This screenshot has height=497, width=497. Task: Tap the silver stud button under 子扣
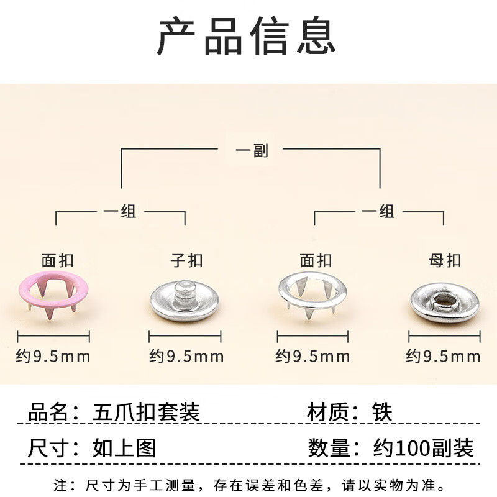click(x=185, y=301)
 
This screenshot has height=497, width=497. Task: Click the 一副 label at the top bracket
click(x=252, y=150)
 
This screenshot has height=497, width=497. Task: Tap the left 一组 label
click(x=120, y=212)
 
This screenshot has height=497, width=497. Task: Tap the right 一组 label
click(x=378, y=212)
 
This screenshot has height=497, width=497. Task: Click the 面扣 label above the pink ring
click(x=57, y=260)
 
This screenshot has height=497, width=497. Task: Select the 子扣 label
click(x=186, y=260)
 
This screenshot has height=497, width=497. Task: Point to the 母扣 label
click(x=445, y=260)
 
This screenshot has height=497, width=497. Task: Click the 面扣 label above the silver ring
click(x=316, y=260)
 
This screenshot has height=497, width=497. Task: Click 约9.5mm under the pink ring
click(x=53, y=357)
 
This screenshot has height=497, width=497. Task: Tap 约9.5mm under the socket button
click(x=443, y=357)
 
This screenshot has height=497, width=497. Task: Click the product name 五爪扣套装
click(x=147, y=412)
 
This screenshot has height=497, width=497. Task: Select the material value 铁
click(x=383, y=412)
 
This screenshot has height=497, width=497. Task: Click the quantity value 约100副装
click(x=423, y=448)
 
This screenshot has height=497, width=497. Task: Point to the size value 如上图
click(x=124, y=448)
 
